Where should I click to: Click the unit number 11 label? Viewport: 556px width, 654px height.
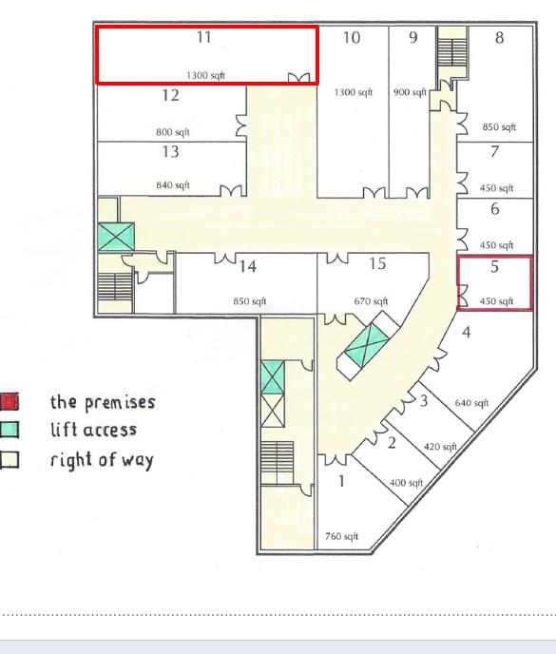[204, 37]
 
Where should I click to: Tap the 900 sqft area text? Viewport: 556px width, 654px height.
[410, 92]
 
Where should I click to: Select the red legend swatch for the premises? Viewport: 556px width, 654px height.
[10, 401]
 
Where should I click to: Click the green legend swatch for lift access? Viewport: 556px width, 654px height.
[10, 430]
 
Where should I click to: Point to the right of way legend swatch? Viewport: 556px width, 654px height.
[10, 459]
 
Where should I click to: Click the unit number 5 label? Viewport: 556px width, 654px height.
[494, 266]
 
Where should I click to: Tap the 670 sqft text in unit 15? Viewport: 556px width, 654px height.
[371, 301]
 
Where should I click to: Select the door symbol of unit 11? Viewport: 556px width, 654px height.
[299, 78]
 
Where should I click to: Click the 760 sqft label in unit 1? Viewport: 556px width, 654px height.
[341, 536]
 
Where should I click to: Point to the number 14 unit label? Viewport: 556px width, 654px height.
[248, 266]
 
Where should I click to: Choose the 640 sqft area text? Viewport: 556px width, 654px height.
[471, 403]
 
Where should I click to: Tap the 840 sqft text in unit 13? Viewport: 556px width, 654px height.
[173, 184]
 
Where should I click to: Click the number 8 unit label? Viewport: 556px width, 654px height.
[499, 37]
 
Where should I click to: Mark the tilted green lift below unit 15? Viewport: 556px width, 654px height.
[367, 345]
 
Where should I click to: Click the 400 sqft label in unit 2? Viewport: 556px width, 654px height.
[406, 483]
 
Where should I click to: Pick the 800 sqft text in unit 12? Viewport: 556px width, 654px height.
[173, 132]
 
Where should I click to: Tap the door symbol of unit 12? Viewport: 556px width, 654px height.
[241, 125]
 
